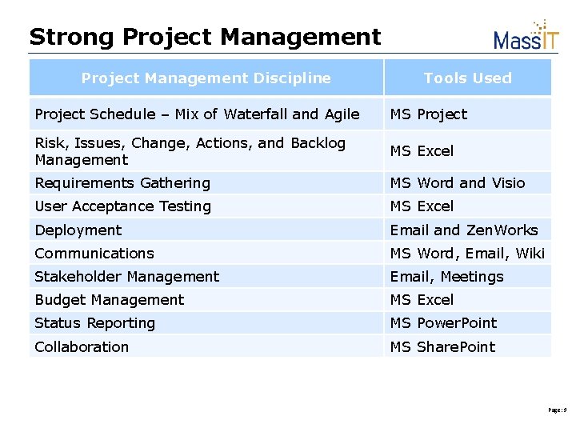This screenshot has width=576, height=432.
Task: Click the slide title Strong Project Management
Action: coord(205,37)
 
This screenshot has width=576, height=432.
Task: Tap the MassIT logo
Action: coord(526,36)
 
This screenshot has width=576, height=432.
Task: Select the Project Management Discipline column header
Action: coord(206,78)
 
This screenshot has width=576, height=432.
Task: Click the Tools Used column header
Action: coord(467,78)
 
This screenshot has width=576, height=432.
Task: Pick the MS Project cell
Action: coord(428,114)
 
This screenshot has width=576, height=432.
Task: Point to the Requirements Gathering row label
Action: coord(122,183)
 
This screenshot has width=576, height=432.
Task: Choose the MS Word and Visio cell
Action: coord(457,183)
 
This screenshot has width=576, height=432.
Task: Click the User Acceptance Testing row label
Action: coord(122,206)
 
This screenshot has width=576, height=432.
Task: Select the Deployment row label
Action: coord(78,230)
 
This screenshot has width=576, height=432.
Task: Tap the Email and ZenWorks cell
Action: coord(463,230)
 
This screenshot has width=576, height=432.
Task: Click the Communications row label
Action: coord(94,254)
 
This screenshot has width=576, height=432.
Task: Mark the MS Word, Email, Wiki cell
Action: coord(466,254)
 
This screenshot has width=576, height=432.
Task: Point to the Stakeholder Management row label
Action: coord(126,277)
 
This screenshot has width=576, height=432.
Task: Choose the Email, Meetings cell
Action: coord(446,277)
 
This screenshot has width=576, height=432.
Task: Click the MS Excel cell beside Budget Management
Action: coord(422,300)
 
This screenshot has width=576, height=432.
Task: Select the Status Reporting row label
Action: coord(94,323)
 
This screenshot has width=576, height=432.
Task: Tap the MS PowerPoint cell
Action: coord(443,323)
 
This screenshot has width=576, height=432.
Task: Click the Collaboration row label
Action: coord(82,347)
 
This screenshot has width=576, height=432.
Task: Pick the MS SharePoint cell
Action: coord(442,347)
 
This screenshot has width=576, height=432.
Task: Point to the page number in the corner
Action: coord(557,410)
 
